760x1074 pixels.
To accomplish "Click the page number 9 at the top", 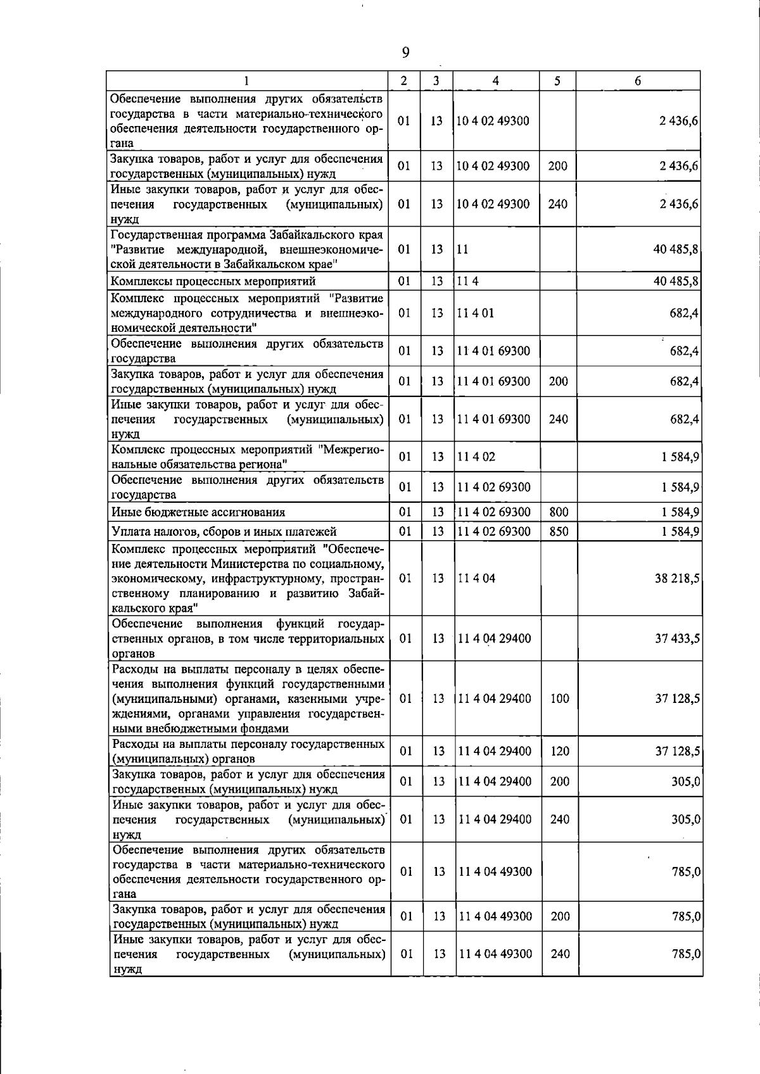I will click(405, 53).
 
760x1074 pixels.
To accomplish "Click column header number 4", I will click(495, 80).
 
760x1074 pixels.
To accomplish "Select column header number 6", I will click(638, 80).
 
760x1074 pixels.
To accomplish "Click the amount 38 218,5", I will click(677, 578).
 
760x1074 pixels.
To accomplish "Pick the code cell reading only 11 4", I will click(468, 281).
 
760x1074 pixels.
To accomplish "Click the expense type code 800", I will click(559, 512).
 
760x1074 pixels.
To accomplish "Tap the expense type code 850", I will click(559, 531).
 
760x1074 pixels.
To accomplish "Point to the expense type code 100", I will click(559, 698).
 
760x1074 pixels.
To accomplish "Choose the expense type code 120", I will click(559, 751).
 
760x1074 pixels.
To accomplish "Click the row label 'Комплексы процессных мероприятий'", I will click(213, 281).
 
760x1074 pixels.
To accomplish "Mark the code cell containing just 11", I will click(463, 250).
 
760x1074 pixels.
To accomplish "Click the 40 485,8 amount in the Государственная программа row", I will click(676, 250).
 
